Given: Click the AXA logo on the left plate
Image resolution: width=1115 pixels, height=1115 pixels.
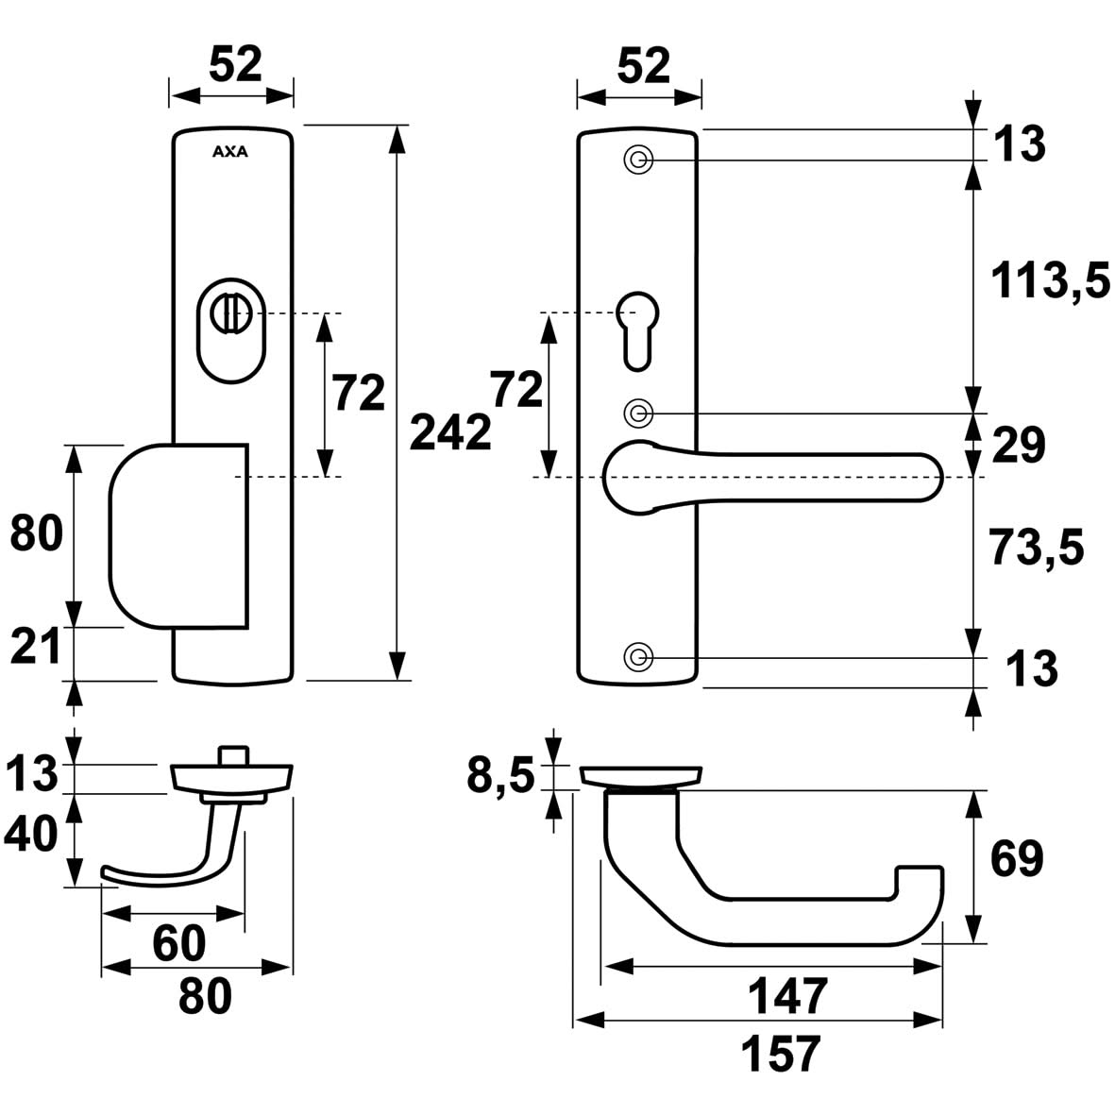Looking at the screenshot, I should tap(230, 150).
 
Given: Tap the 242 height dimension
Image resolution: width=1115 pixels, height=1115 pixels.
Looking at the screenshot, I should tap(452, 433).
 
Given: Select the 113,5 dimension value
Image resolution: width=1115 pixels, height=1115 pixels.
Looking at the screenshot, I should tap(1050, 280).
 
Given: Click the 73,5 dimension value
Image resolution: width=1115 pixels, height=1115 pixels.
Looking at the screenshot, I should tap(1036, 549).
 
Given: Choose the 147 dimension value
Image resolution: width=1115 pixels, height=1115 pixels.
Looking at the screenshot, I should tap(787, 995).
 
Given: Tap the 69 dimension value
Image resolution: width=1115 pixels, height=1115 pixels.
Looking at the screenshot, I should tap(1016, 859).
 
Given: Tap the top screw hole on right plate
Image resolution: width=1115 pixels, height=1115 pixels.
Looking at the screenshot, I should tap(638, 160).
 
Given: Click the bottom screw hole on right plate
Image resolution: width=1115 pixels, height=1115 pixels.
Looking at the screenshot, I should tap(638, 656).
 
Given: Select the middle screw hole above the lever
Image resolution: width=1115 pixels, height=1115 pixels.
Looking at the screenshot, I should tap(638, 413).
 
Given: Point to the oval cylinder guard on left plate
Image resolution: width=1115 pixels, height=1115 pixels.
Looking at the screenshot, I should tap(232, 335).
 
